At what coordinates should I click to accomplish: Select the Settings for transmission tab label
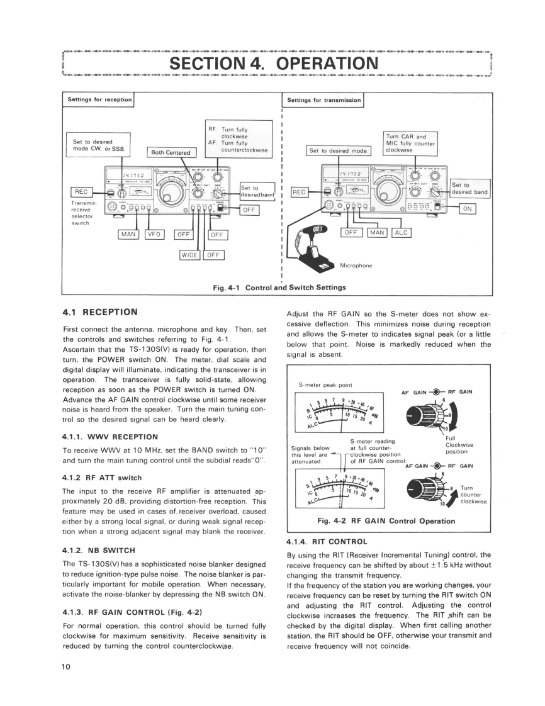323,99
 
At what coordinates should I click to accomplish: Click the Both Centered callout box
171,152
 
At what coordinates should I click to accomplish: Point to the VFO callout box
155,235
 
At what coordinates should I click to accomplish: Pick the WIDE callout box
190,254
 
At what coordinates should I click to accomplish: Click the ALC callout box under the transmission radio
401,233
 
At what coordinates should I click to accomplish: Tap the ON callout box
466,209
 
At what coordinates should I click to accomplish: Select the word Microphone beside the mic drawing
356,266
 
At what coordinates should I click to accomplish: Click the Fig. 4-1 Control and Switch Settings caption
279,288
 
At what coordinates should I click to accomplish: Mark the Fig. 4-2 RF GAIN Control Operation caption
388,520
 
